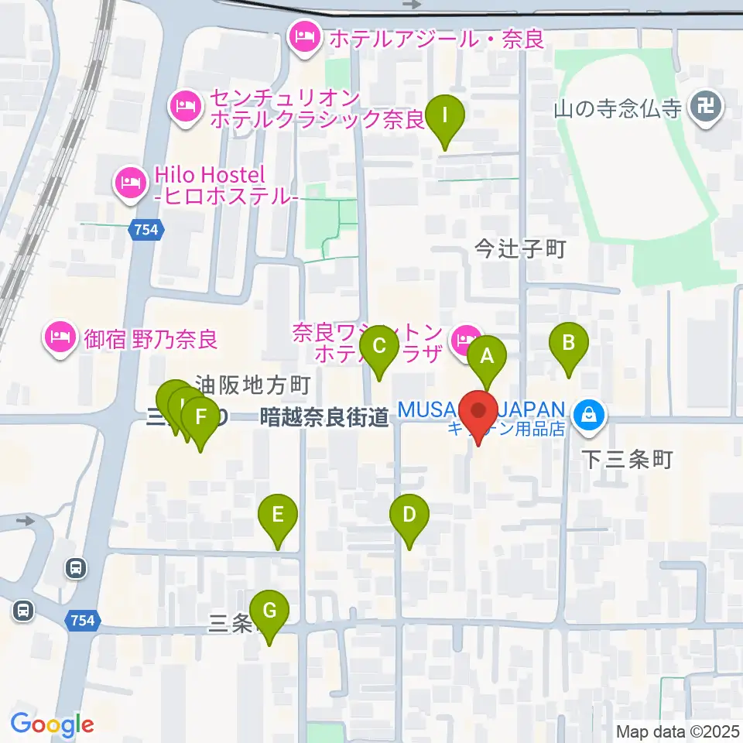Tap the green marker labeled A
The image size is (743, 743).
point(488,358)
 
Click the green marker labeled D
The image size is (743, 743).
point(409,515)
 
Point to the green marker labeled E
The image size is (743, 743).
point(279,515)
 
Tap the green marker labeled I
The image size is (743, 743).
point(445,117)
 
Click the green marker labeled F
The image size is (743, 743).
point(200,419)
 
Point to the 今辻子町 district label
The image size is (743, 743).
point(521,249)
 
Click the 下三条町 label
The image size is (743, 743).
point(628,460)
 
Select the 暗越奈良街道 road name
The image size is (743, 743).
point(324,418)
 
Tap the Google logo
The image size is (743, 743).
point(52,724)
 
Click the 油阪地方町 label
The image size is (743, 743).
point(252,384)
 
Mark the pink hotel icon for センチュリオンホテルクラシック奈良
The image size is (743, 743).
point(185,108)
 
